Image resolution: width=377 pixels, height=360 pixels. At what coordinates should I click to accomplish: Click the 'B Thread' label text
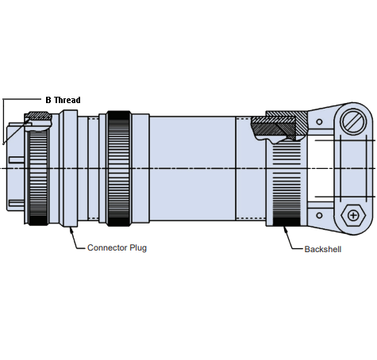[x=63, y=100]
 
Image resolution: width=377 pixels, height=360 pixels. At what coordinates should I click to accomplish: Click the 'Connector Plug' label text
[x=117, y=248]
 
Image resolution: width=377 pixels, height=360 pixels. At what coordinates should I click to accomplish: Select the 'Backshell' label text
[x=324, y=249]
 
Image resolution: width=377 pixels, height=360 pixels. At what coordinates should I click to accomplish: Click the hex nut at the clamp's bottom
[x=352, y=215]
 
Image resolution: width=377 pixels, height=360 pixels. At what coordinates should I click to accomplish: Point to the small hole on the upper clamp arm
[x=319, y=123]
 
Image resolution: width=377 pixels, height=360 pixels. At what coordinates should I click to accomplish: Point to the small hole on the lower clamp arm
[x=319, y=213]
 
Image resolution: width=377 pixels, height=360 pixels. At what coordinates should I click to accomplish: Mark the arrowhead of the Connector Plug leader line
[x=72, y=229]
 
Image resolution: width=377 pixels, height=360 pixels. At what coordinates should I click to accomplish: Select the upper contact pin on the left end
[x=12, y=132]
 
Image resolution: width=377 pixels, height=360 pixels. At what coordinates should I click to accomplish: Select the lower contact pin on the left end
[x=12, y=203]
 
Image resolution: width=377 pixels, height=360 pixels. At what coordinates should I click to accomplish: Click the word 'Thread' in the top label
[x=67, y=100]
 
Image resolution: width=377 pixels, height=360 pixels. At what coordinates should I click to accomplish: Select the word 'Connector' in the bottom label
[x=107, y=248]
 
